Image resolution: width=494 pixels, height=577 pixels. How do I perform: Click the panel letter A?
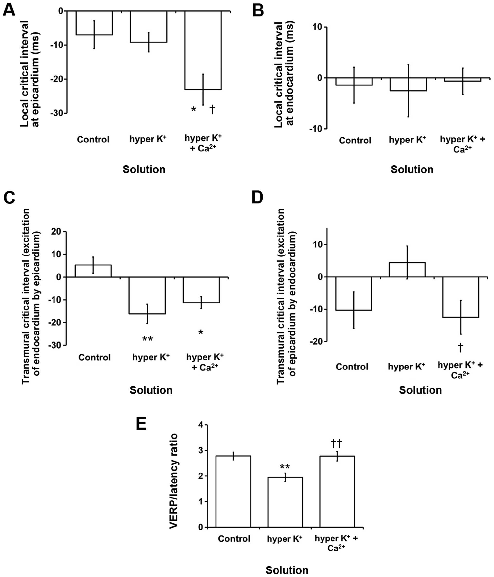click(x=9, y=10)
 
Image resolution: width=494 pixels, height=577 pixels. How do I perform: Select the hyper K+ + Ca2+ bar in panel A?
click(x=203, y=50)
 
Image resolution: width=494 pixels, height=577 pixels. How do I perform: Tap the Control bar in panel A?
click(x=94, y=23)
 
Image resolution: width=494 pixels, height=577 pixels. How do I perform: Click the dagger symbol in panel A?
click(x=212, y=109)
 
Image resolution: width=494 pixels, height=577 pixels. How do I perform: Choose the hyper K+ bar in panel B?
click(x=408, y=84)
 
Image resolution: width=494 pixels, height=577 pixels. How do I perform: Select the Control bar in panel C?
click(x=93, y=271)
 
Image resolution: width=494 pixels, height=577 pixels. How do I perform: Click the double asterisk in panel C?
click(x=147, y=339)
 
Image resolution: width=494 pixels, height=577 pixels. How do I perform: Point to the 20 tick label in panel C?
click(x=58, y=232)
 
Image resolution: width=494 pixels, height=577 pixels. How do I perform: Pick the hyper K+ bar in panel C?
click(x=147, y=295)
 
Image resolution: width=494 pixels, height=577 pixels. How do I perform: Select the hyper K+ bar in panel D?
click(x=407, y=270)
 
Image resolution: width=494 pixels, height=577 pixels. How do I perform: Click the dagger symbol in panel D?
click(x=460, y=347)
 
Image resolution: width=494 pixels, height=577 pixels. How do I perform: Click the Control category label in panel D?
click(x=352, y=367)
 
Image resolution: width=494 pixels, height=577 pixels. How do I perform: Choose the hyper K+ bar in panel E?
click(x=285, y=502)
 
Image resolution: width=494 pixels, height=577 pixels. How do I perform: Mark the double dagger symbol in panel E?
click(x=336, y=443)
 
